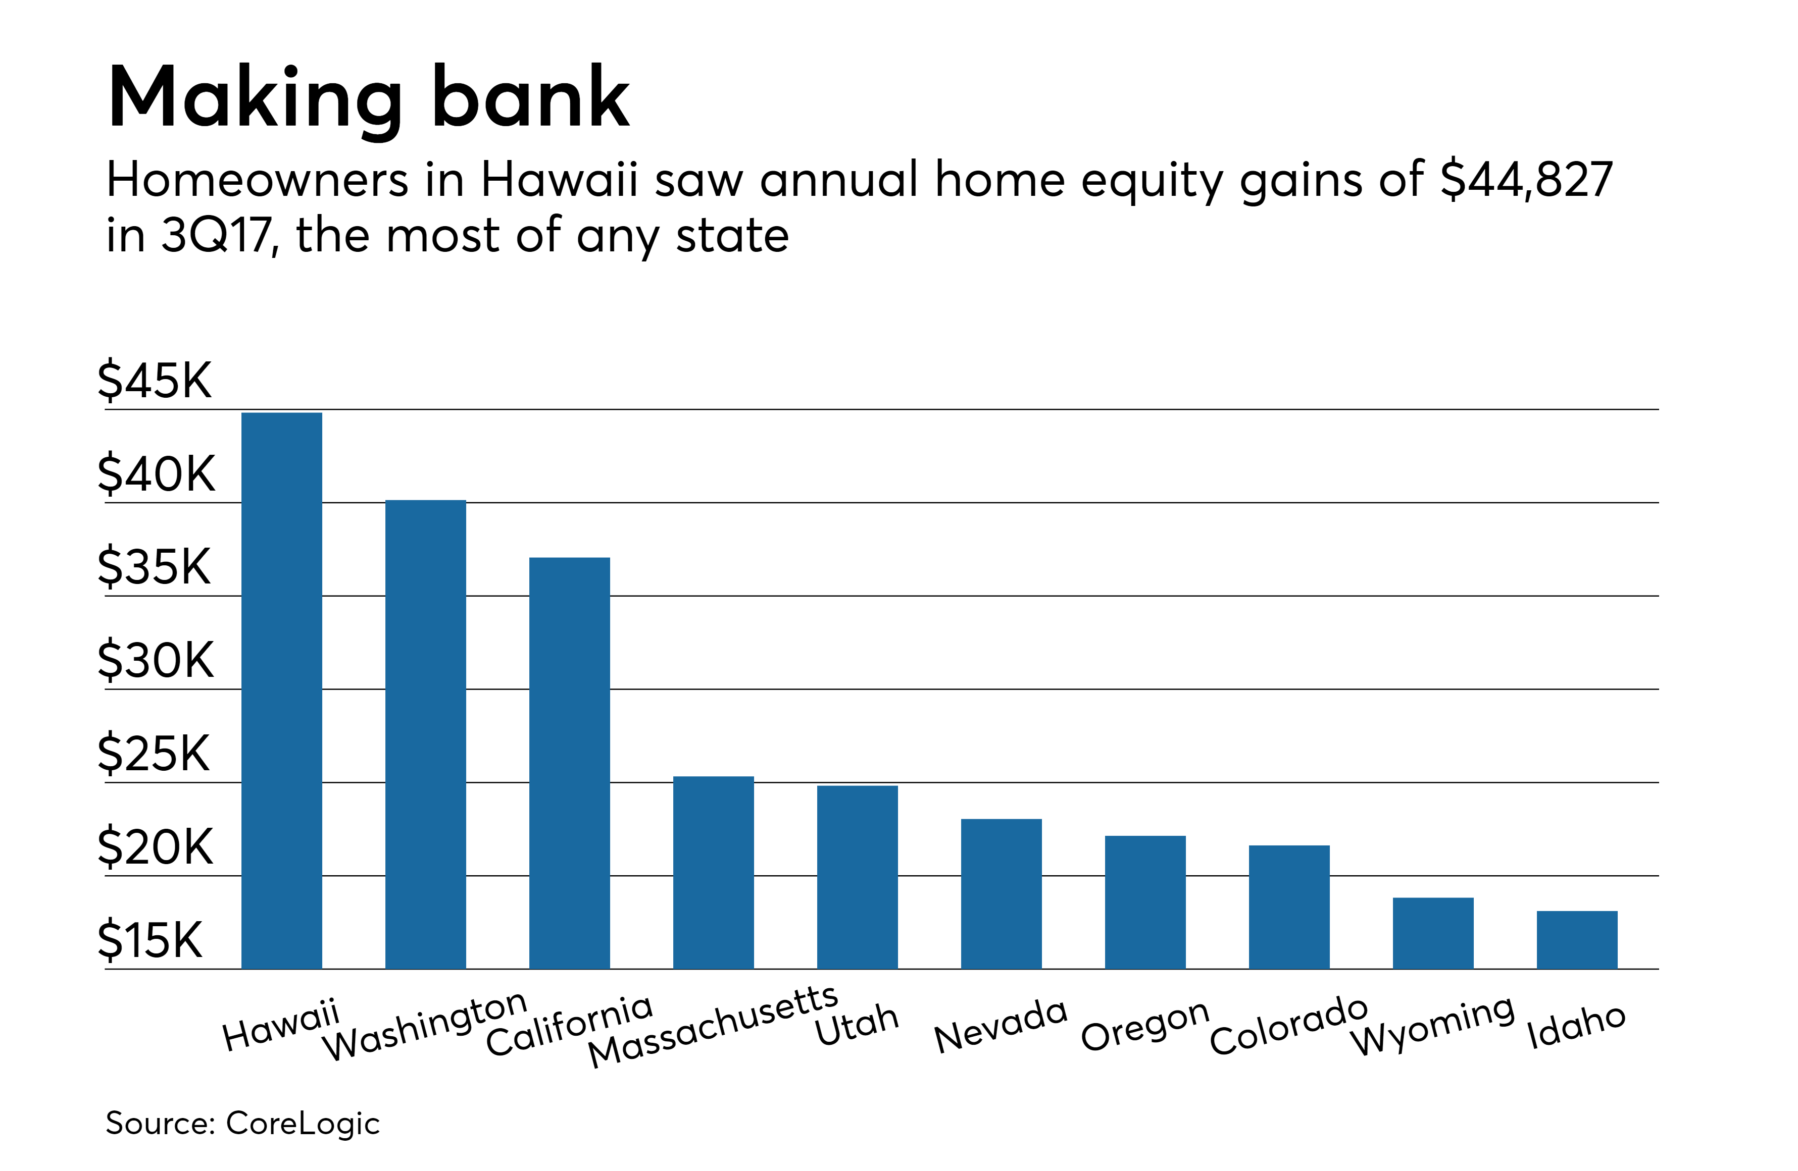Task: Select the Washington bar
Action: tap(425, 734)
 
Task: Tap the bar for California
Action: tap(570, 763)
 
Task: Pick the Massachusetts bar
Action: tap(713, 872)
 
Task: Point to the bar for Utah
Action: tap(858, 877)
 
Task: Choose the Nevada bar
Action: tap(1001, 893)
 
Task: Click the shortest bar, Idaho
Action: tap(1577, 939)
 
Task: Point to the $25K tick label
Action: tap(154, 754)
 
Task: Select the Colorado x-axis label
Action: tap(1289, 1025)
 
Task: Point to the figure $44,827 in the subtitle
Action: tap(1526, 180)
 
